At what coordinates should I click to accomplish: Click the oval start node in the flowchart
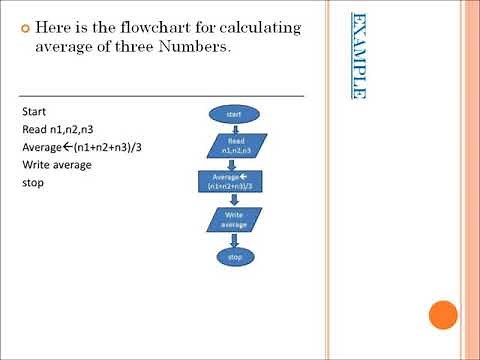(234, 115)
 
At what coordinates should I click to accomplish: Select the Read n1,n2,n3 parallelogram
(235, 146)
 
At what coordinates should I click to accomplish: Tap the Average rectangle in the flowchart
(234, 182)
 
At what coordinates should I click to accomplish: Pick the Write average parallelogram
(234, 220)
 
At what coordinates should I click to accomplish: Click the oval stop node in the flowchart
(235, 257)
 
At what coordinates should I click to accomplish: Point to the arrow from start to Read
(234, 128)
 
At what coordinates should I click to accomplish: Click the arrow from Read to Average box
(234, 165)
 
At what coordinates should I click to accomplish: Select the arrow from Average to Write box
(234, 200)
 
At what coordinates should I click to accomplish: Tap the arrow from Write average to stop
(234, 239)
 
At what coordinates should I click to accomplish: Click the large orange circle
(442, 316)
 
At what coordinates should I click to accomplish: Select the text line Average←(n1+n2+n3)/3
(73, 148)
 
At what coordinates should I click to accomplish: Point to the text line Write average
(56, 166)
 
